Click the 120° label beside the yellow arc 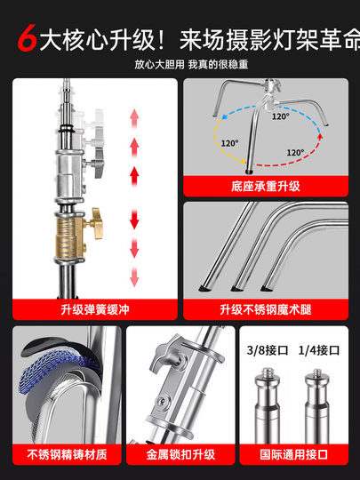tap(229, 143)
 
